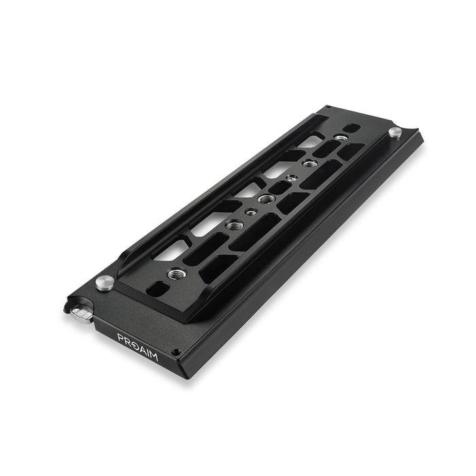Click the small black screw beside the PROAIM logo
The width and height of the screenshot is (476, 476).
click(175, 352)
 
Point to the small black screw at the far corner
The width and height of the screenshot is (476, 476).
click(326, 107)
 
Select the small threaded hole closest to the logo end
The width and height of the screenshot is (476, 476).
click(250, 212)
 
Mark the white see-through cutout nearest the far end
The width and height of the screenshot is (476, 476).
click(314, 141)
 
